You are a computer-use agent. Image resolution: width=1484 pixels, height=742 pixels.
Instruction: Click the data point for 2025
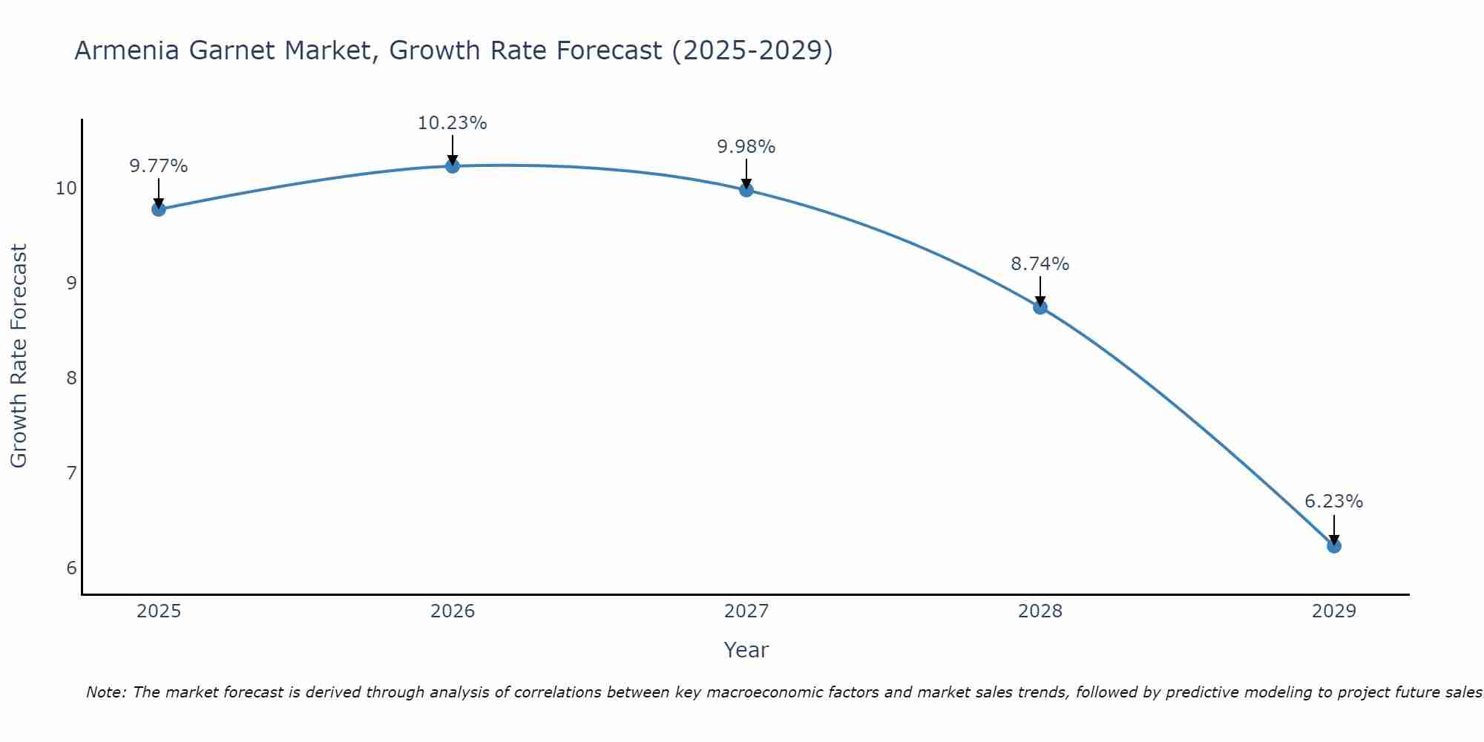coord(158,209)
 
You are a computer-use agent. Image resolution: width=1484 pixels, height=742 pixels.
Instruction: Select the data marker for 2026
coord(453,165)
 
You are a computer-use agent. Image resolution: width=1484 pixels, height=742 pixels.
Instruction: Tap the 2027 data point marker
coord(746,190)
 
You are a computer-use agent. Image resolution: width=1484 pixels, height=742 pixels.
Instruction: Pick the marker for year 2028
coord(1040,307)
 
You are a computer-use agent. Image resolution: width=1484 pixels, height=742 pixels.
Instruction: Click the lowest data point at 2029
coord(1333,546)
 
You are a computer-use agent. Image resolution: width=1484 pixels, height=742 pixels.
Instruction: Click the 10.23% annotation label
coord(452,123)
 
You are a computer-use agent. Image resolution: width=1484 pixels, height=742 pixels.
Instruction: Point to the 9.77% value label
coord(158,166)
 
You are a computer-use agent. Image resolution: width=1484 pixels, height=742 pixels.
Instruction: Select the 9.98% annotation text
coord(746,147)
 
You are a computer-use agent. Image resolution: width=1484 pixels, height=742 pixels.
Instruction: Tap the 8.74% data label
coord(1040,264)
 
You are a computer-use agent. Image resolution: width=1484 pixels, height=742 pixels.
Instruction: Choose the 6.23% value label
coord(1333,502)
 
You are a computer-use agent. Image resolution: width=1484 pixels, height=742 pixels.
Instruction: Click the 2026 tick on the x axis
coord(453,611)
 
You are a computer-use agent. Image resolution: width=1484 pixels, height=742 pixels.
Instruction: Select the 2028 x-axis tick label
coord(1040,611)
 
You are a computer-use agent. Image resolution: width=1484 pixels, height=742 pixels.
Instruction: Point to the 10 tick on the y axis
coord(66,188)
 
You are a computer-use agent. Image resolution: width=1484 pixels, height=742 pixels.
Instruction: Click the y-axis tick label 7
coord(71,473)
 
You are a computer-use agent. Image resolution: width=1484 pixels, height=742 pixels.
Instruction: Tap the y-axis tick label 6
coord(71,568)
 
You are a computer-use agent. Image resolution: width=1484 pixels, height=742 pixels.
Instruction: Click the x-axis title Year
coord(746,650)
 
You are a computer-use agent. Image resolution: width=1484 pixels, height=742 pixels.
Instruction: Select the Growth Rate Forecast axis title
coord(19,355)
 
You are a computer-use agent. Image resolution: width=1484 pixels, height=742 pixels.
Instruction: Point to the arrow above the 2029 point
coord(1333,528)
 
